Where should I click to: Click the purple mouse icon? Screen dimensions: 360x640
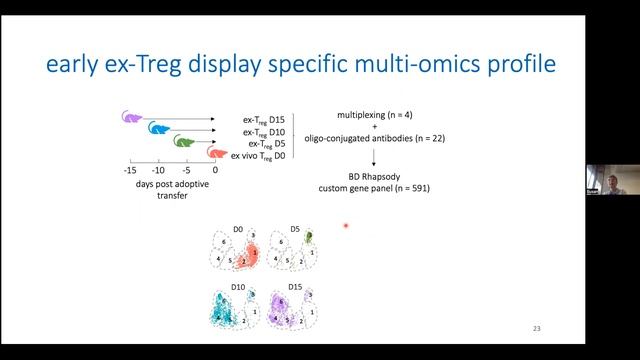tap(132, 116)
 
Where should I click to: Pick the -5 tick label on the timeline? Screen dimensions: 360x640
tap(187, 170)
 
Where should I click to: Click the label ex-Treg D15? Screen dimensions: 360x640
tap(264, 120)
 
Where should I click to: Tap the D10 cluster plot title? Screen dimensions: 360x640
tap(238, 287)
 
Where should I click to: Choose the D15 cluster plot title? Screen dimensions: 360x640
tap(296, 287)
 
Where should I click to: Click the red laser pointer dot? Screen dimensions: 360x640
tap(346, 226)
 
